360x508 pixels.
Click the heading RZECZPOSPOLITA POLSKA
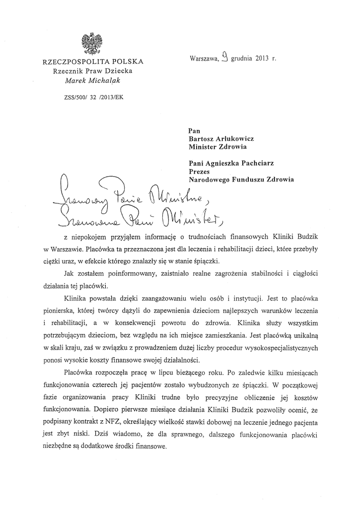pyautogui.click(x=93, y=62)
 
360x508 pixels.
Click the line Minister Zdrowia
pyautogui.click(x=217, y=147)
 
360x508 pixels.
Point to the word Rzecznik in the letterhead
pyautogui.click(x=67, y=71)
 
